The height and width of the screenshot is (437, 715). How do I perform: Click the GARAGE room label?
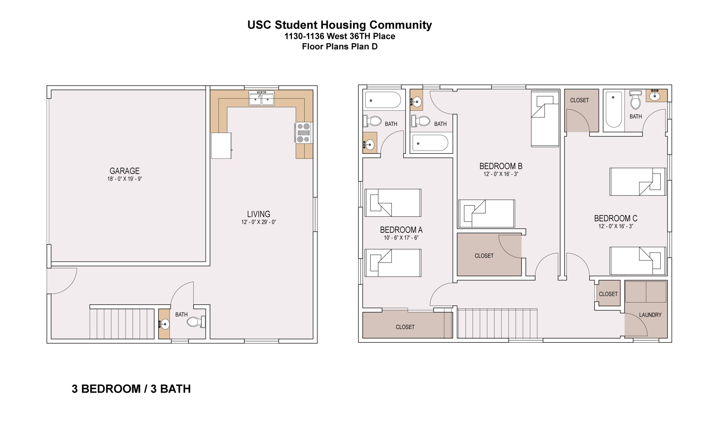point(124,171)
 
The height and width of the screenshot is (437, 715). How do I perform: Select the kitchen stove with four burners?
point(304,133)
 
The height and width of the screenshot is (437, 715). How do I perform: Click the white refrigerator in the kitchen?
point(221,145)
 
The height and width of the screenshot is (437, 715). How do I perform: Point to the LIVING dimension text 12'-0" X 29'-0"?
point(258,222)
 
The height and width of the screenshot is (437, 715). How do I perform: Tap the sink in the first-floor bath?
point(164,324)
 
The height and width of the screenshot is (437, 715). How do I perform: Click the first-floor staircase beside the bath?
point(122,323)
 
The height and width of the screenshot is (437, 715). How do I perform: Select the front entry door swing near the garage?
point(61,281)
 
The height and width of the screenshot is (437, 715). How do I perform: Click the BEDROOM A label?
point(401,230)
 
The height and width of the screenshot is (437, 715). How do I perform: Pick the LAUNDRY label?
point(650,315)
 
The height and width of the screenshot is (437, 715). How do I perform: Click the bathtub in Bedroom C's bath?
point(614,110)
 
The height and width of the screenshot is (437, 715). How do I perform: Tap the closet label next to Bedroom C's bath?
point(579,100)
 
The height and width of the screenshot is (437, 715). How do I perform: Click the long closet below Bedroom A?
point(405,326)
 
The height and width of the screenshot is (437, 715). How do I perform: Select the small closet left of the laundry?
point(608,294)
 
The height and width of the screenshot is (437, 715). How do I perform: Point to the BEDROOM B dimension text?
point(500,174)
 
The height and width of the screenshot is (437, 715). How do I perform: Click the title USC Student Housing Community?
point(339,25)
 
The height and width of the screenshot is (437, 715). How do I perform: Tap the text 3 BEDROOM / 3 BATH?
point(131,389)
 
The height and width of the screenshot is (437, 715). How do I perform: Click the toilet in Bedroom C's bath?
point(636,100)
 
